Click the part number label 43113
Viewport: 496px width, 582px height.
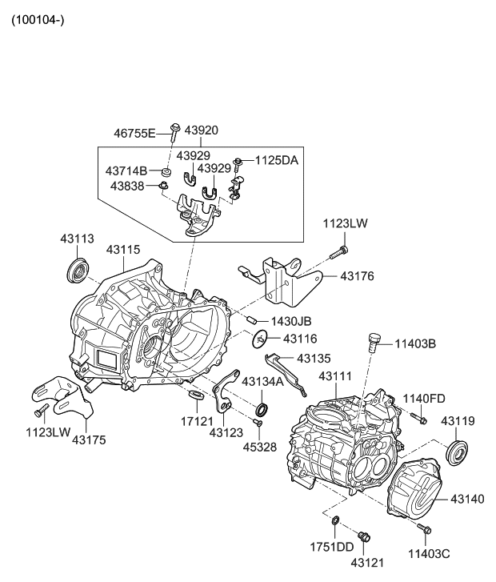click(x=77, y=238)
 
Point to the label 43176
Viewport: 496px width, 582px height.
click(x=357, y=276)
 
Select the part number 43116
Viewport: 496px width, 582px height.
click(x=300, y=339)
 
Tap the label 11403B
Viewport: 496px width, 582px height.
click(x=414, y=344)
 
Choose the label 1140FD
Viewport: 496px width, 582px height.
click(x=424, y=398)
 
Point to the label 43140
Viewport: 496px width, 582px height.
click(x=467, y=499)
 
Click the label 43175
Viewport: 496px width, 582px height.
click(x=90, y=439)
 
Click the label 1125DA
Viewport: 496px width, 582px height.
click(x=276, y=160)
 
